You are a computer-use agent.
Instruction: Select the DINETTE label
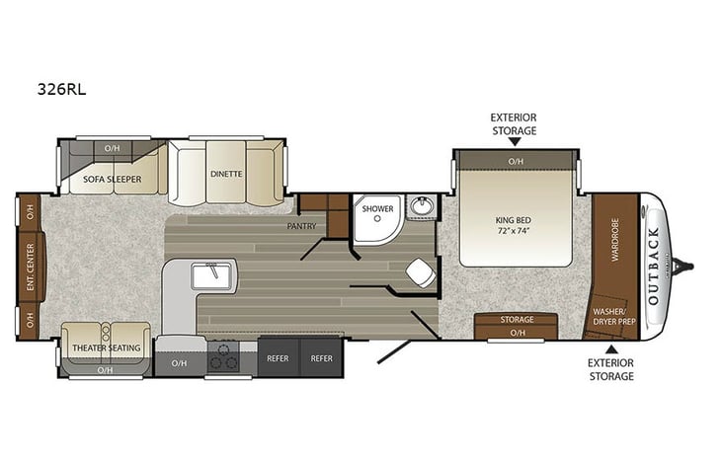click(x=226, y=174)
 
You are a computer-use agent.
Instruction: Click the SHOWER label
click(x=377, y=209)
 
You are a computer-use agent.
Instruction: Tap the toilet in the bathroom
click(x=419, y=271)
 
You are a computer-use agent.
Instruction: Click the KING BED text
click(x=515, y=219)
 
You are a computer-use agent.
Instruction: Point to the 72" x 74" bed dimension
click(x=515, y=231)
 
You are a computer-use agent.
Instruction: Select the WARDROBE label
click(x=613, y=239)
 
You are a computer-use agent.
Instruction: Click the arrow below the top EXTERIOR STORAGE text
click(x=515, y=142)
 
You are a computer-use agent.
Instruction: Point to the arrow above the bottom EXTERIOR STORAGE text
click(x=611, y=348)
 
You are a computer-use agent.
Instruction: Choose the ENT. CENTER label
click(x=30, y=264)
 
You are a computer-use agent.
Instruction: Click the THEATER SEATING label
click(x=106, y=348)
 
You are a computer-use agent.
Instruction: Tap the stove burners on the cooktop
click(x=224, y=355)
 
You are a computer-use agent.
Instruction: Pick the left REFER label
click(x=278, y=358)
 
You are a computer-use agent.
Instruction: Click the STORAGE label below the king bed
click(x=517, y=320)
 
